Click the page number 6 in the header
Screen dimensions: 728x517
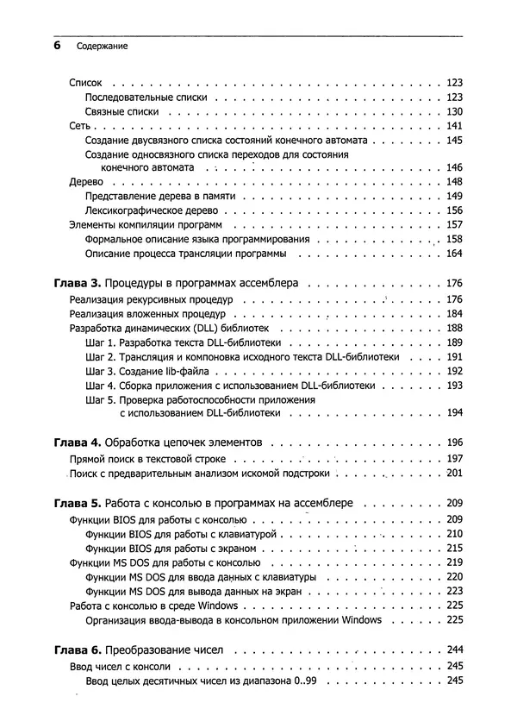pyautogui.click(x=56, y=47)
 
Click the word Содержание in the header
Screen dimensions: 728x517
pyautogui.click(x=102, y=47)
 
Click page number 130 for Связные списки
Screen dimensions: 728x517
pyautogui.click(x=455, y=113)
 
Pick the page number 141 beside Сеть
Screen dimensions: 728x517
pyautogui.click(x=455, y=126)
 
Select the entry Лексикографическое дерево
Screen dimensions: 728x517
pyautogui.click(x=153, y=210)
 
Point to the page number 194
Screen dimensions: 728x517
pyautogui.click(x=455, y=413)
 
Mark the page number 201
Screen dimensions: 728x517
pyautogui.click(x=455, y=474)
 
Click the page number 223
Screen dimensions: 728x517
pyautogui.click(x=455, y=591)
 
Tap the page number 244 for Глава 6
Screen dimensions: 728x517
pyautogui.click(x=455, y=650)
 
